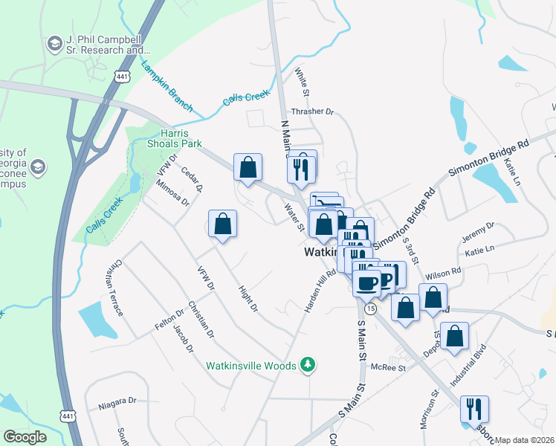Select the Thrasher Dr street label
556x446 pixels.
click(x=314, y=112)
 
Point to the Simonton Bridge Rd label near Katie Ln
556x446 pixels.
click(x=488, y=157)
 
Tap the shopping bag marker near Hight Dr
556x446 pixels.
click(x=222, y=223)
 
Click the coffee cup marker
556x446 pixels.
click(x=366, y=282)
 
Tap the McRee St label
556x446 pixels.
click(x=388, y=367)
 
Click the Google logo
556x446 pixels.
click(x=25, y=437)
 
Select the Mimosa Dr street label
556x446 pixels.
click(x=172, y=195)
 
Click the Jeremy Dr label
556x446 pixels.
click(x=479, y=231)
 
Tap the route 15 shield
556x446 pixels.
click(x=370, y=307)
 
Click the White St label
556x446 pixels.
click(x=302, y=82)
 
